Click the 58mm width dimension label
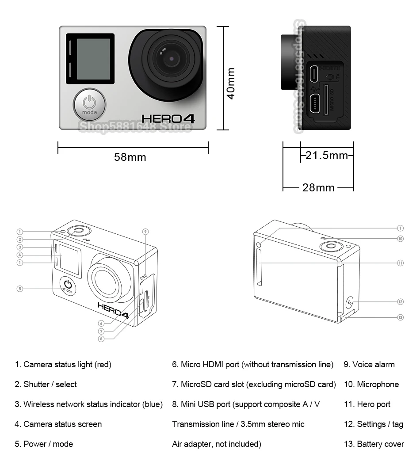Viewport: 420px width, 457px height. (x=130, y=157)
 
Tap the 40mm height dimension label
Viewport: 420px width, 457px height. (x=230, y=83)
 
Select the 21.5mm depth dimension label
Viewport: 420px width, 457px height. (x=327, y=155)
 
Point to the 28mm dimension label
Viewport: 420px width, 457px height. (x=318, y=187)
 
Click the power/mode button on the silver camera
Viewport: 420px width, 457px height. (x=89, y=104)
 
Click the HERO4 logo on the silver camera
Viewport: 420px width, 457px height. (x=168, y=118)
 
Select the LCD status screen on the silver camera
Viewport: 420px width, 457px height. (x=93, y=59)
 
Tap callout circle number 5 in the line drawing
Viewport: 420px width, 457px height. (x=19, y=289)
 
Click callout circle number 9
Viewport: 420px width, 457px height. (x=145, y=232)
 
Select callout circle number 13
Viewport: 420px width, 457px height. (x=401, y=317)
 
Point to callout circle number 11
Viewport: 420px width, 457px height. (x=401, y=263)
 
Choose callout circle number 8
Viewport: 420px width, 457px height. (x=101, y=339)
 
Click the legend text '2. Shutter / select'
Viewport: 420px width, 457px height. (x=46, y=385)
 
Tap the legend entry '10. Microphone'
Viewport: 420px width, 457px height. (x=371, y=385)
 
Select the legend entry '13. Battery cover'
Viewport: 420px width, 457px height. (x=374, y=444)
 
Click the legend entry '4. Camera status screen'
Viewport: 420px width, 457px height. (x=58, y=424)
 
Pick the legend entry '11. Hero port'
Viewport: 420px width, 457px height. (x=367, y=404)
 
